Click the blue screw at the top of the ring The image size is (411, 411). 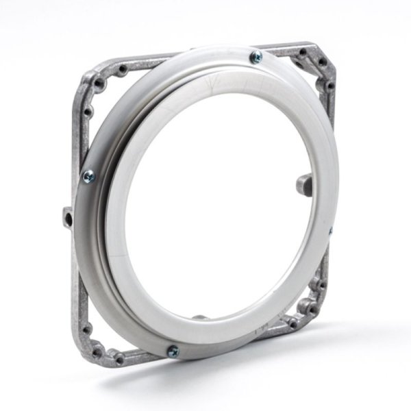(256, 56)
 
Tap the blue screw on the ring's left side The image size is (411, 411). (88, 176)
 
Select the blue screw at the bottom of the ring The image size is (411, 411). (173, 351)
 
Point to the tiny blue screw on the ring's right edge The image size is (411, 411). (330, 232)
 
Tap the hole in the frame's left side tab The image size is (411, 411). (68, 218)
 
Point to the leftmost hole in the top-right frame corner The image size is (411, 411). (301, 53)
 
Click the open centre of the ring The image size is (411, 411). (219, 206)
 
